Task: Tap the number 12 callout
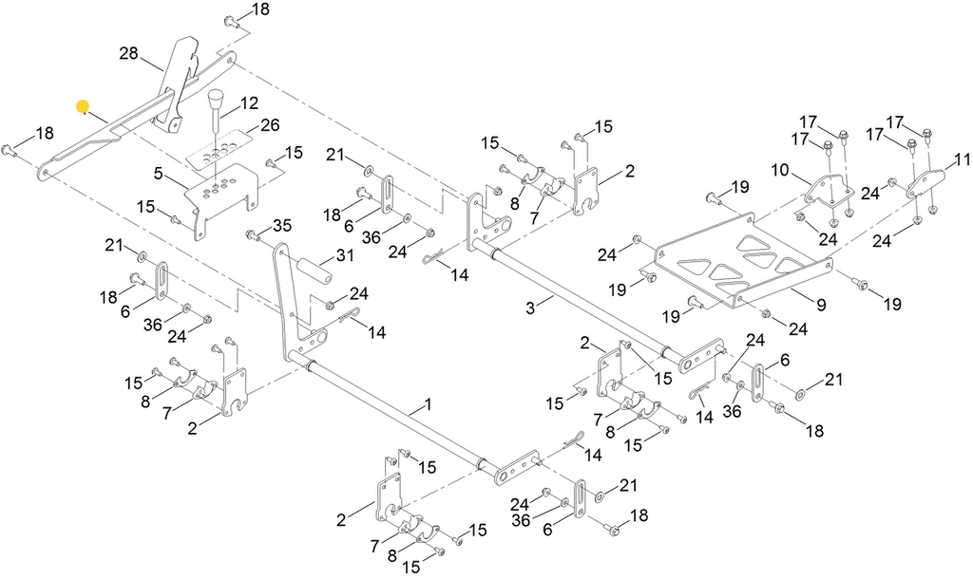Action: (248, 102)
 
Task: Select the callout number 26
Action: (270, 124)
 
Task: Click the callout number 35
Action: (282, 225)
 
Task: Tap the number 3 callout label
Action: (533, 306)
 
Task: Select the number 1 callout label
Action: (428, 404)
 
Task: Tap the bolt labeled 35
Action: (252, 233)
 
